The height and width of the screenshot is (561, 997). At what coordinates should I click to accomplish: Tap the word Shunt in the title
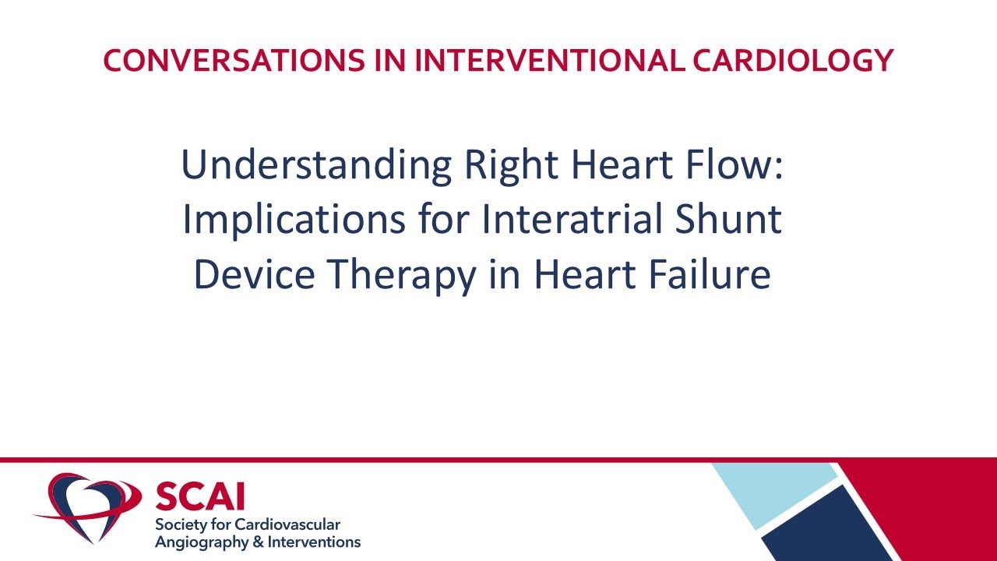[730, 220]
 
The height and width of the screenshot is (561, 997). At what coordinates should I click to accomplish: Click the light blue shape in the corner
[771, 491]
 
